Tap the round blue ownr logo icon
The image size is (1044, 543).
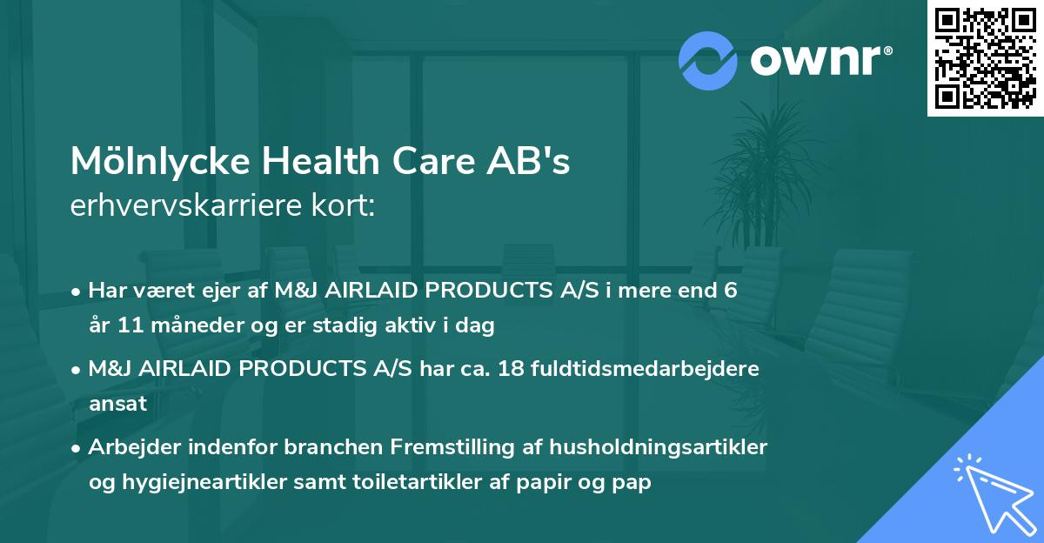point(707,60)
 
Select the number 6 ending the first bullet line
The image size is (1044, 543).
point(731,291)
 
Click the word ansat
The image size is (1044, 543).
point(117,405)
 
